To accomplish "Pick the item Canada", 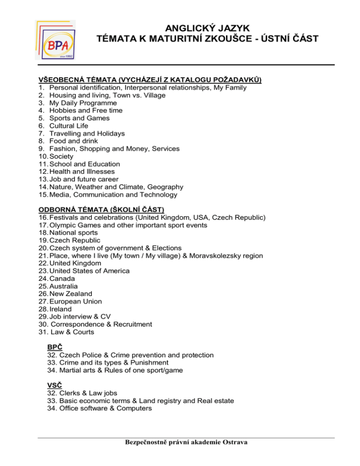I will click(x=63, y=278).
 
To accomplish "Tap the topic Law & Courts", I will click(x=73, y=332).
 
